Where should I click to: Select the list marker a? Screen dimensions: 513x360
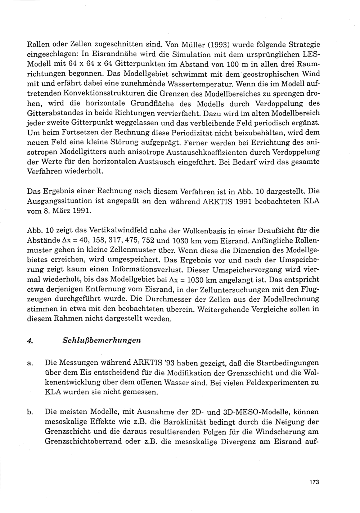click(x=30, y=364)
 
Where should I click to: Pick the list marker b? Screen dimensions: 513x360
click(x=30, y=411)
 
